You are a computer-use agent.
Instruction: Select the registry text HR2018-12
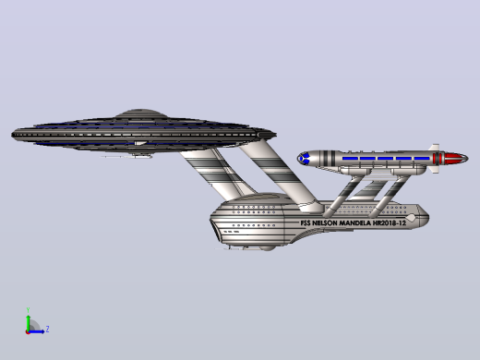[390, 222]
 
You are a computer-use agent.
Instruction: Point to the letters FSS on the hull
[306, 223]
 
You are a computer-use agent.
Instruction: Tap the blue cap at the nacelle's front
[303, 159]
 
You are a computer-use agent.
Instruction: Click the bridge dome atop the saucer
[140, 113]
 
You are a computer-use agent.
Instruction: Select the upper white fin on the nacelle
[435, 148]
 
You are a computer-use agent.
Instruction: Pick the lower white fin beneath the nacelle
[435, 169]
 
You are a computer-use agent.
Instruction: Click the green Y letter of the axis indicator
[28, 310]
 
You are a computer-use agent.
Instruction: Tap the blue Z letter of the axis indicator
[47, 330]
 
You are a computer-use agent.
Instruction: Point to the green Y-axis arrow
[29, 323]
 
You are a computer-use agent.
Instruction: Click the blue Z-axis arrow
[36, 331]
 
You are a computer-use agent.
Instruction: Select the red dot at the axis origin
[28, 332]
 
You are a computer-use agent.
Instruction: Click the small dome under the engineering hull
[267, 248]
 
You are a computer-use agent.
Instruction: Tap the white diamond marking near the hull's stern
[411, 218]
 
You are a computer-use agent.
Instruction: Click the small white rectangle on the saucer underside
[140, 143]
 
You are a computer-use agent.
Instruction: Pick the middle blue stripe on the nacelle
[386, 159]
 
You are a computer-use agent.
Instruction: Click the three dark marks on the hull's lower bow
[231, 232]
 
